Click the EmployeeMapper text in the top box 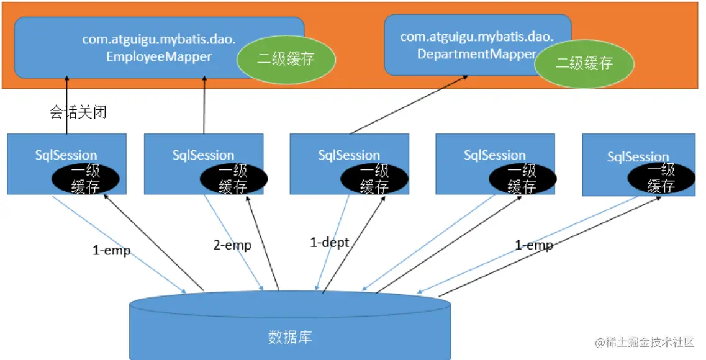[159, 56]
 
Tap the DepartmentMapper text [476, 54]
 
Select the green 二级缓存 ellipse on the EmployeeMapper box [286, 59]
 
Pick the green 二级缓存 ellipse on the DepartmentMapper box [584, 63]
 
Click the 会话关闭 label [78, 112]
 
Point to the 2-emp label [232, 245]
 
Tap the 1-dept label [330, 242]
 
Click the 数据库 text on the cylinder [290, 337]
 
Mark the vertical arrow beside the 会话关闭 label [67, 106]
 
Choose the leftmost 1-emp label [112, 251]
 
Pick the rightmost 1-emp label [534, 245]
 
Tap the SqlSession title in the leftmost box [66, 155]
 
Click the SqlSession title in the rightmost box [638, 157]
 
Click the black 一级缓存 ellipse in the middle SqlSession [374, 178]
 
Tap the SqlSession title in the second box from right [495, 155]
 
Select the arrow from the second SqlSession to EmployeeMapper [204, 106]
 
